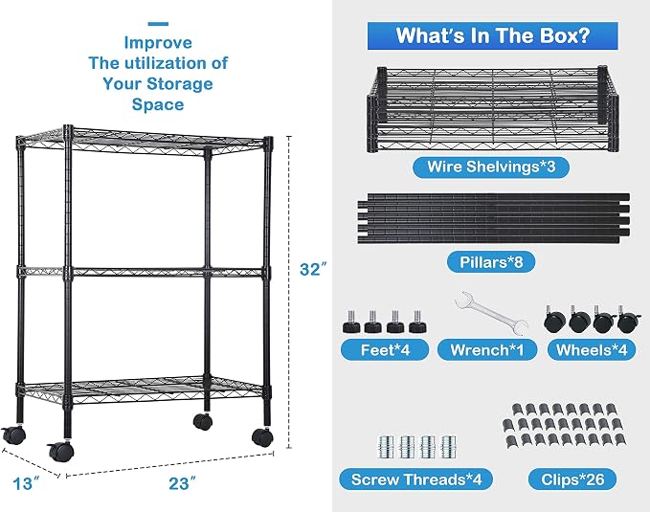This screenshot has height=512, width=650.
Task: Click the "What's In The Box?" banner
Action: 492,35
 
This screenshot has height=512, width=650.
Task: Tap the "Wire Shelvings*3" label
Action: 491,167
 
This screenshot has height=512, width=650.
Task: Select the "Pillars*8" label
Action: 491,262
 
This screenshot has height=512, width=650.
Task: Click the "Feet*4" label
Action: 385,350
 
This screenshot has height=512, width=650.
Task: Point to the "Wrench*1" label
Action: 487,350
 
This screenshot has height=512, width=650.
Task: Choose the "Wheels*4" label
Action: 592,350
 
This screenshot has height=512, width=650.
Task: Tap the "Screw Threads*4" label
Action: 416,479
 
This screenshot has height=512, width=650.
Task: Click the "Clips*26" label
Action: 572,479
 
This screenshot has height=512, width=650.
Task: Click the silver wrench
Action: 492,312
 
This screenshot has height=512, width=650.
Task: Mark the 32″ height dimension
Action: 313,270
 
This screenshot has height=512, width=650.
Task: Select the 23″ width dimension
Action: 182,483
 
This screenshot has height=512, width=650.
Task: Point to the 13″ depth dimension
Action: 27,483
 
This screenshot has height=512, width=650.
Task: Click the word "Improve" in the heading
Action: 158,43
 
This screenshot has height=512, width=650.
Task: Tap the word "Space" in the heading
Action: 158,104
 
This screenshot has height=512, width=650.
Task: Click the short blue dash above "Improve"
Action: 158,24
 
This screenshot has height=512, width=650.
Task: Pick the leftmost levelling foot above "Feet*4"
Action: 350,323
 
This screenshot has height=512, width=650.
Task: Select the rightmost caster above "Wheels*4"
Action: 629,319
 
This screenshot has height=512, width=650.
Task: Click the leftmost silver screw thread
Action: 386,447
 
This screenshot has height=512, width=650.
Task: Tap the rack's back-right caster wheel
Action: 203,421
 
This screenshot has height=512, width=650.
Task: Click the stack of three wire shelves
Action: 493,108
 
